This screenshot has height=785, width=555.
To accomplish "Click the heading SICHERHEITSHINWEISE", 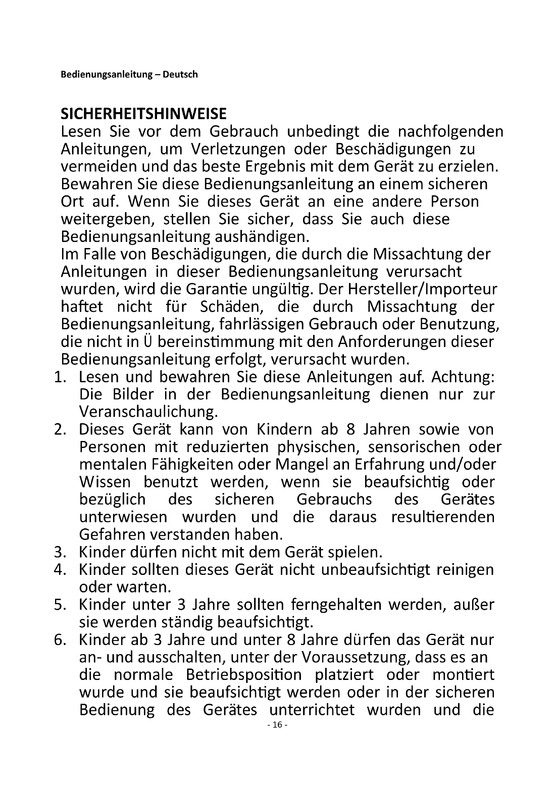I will pyautogui.click(x=144, y=114).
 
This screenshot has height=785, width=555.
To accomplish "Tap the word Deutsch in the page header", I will pyautogui.click(x=180, y=75).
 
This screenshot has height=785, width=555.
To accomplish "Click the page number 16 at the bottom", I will pyautogui.click(x=277, y=734).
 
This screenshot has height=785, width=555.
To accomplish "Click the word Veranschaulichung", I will pyautogui.click(x=148, y=412).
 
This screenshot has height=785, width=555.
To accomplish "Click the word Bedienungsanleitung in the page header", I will pyautogui.click(x=106, y=75).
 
